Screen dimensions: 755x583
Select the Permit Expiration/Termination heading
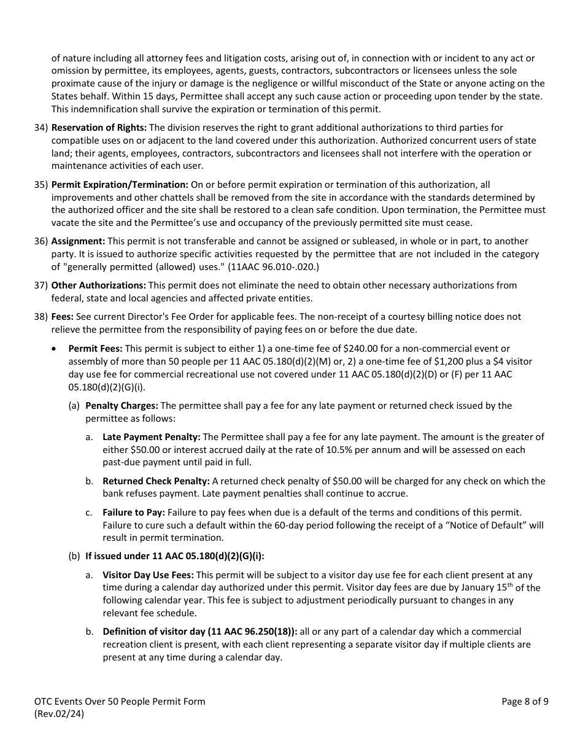click(x=120, y=184)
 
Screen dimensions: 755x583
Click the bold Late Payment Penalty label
click(x=151, y=437)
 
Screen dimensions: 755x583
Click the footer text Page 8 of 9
click(x=525, y=702)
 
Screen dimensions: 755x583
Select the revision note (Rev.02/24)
click(x=60, y=714)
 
